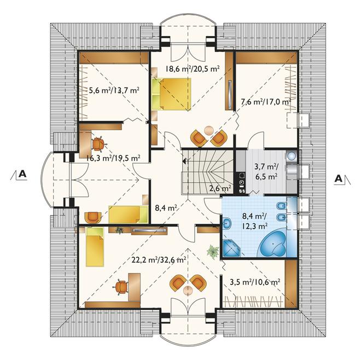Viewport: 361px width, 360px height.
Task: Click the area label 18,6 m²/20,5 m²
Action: tap(192, 68)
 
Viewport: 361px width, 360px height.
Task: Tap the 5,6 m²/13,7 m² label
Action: tap(114, 90)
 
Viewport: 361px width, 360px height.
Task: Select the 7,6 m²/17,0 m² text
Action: tap(266, 101)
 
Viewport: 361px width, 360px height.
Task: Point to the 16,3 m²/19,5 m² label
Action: tap(114, 158)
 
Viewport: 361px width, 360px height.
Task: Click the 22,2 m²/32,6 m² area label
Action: tap(159, 260)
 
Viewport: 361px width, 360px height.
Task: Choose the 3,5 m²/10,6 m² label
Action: tap(255, 282)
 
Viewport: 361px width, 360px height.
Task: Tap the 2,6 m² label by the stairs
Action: tap(220, 188)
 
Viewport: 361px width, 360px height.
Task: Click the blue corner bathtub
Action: tap(273, 244)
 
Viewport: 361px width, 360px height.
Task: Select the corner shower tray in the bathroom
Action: tap(231, 248)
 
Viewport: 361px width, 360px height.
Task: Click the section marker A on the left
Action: tap(22, 174)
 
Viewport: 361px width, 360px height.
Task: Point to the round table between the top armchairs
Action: tap(209, 131)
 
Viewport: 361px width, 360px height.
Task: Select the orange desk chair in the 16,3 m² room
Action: tap(99, 144)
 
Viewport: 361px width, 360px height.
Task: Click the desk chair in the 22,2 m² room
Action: tap(121, 287)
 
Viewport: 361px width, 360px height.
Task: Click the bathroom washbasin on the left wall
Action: tap(227, 223)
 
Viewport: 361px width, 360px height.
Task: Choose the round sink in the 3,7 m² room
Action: tap(291, 156)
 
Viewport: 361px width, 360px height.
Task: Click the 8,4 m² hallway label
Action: tap(166, 208)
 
